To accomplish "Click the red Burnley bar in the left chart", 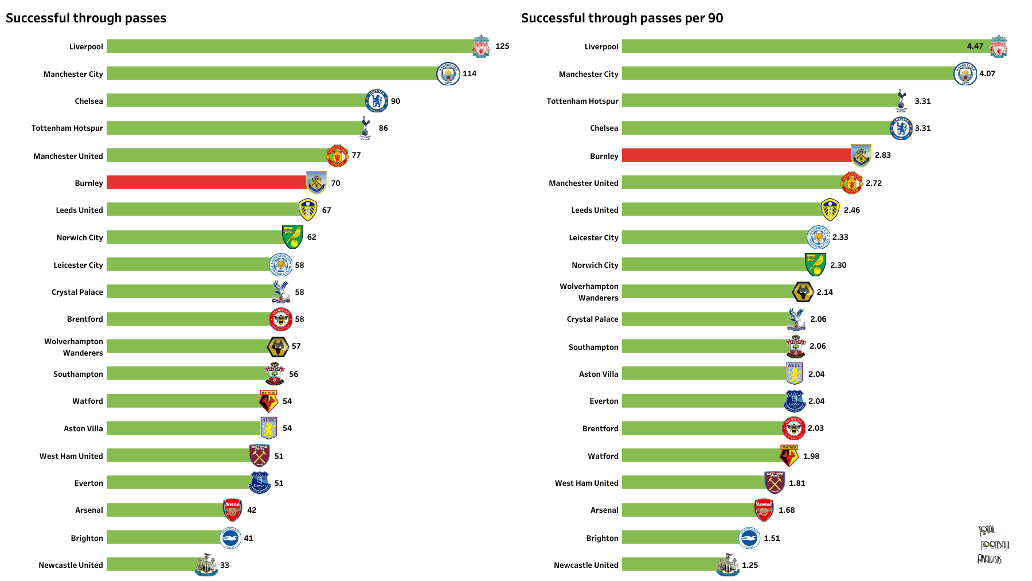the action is pyautogui.click(x=207, y=182).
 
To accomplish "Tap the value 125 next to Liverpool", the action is pyautogui.click(x=502, y=46).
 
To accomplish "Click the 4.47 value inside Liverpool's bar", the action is pyautogui.click(x=975, y=46).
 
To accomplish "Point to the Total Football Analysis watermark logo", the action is pyautogui.click(x=994, y=544).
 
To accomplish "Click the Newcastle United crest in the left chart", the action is pyautogui.click(x=206, y=564).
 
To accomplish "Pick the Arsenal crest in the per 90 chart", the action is pyautogui.click(x=764, y=510).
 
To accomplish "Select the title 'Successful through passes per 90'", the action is pyautogui.click(x=622, y=18).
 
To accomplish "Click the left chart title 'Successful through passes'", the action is pyautogui.click(x=86, y=18).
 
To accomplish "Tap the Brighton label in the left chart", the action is pyautogui.click(x=87, y=538).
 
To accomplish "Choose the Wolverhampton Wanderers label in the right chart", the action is pyautogui.click(x=589, y=292).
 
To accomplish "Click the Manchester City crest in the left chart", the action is pyautogui.click(x=448, y=73).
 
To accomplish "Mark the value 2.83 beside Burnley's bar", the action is pyautogui.click(x=883, y=155).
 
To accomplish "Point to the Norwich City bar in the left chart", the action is pyautogui.click(x=195, y=237).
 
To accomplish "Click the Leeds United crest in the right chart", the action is pyautogui.click(x=830, y=210).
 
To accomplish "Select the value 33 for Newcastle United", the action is pyautogui.click(x=225, y=565).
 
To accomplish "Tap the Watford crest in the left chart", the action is pyautogui.click(x=268, y=401).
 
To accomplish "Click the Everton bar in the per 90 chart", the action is pyautogui.click(x=704, y=401).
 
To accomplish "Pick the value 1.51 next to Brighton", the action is pyautogui.click(x=772, y=538).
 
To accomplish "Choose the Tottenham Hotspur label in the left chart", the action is pyautogui.click(x=67, y=128).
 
